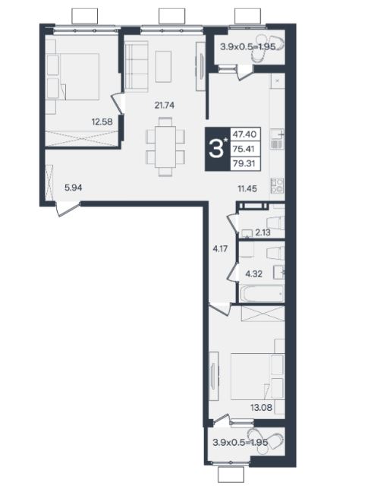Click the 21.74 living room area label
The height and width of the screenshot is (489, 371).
click(x=164, y=106)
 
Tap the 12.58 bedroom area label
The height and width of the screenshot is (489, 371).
click(x=102, y=121)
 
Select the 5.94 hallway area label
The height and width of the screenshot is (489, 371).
click(x=73, y=188)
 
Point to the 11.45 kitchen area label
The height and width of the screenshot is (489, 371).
click(x=247, y=188)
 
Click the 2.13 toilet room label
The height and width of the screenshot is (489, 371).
click(x=263, y=232)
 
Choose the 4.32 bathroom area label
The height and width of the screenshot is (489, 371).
click(x=254, y=274)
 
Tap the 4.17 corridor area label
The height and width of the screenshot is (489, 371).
click(x=219, y=249)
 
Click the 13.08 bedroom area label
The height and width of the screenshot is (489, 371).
click(x=261, y=407)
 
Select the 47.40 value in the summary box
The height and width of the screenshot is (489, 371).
click(x=244, y=134)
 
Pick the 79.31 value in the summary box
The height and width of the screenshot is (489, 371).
click(x=244, y=163)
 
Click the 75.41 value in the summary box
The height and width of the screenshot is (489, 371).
click(x=244, y=149)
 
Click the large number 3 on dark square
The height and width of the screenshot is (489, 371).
click(x=216, y=149)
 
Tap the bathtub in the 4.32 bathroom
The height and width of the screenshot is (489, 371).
click(x=261, y=293)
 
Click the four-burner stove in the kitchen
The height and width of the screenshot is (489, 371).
click(x=277, y=186)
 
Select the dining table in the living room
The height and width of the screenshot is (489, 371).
click(x=165, y=147)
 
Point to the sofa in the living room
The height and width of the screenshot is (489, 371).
click(x=136, y=66)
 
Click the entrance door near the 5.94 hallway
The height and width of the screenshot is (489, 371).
click(x=67, y=209)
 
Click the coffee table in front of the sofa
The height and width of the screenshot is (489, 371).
click(x=163, y=66)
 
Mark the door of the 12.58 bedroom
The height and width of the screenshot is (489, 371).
click(x=118, y=103)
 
